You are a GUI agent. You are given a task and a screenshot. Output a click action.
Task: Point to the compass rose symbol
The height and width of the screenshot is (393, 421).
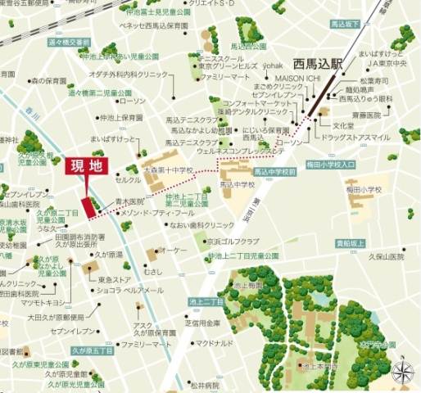[401, 373]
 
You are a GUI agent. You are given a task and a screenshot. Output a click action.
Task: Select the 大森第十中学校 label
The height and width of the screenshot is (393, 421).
[167, 170]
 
